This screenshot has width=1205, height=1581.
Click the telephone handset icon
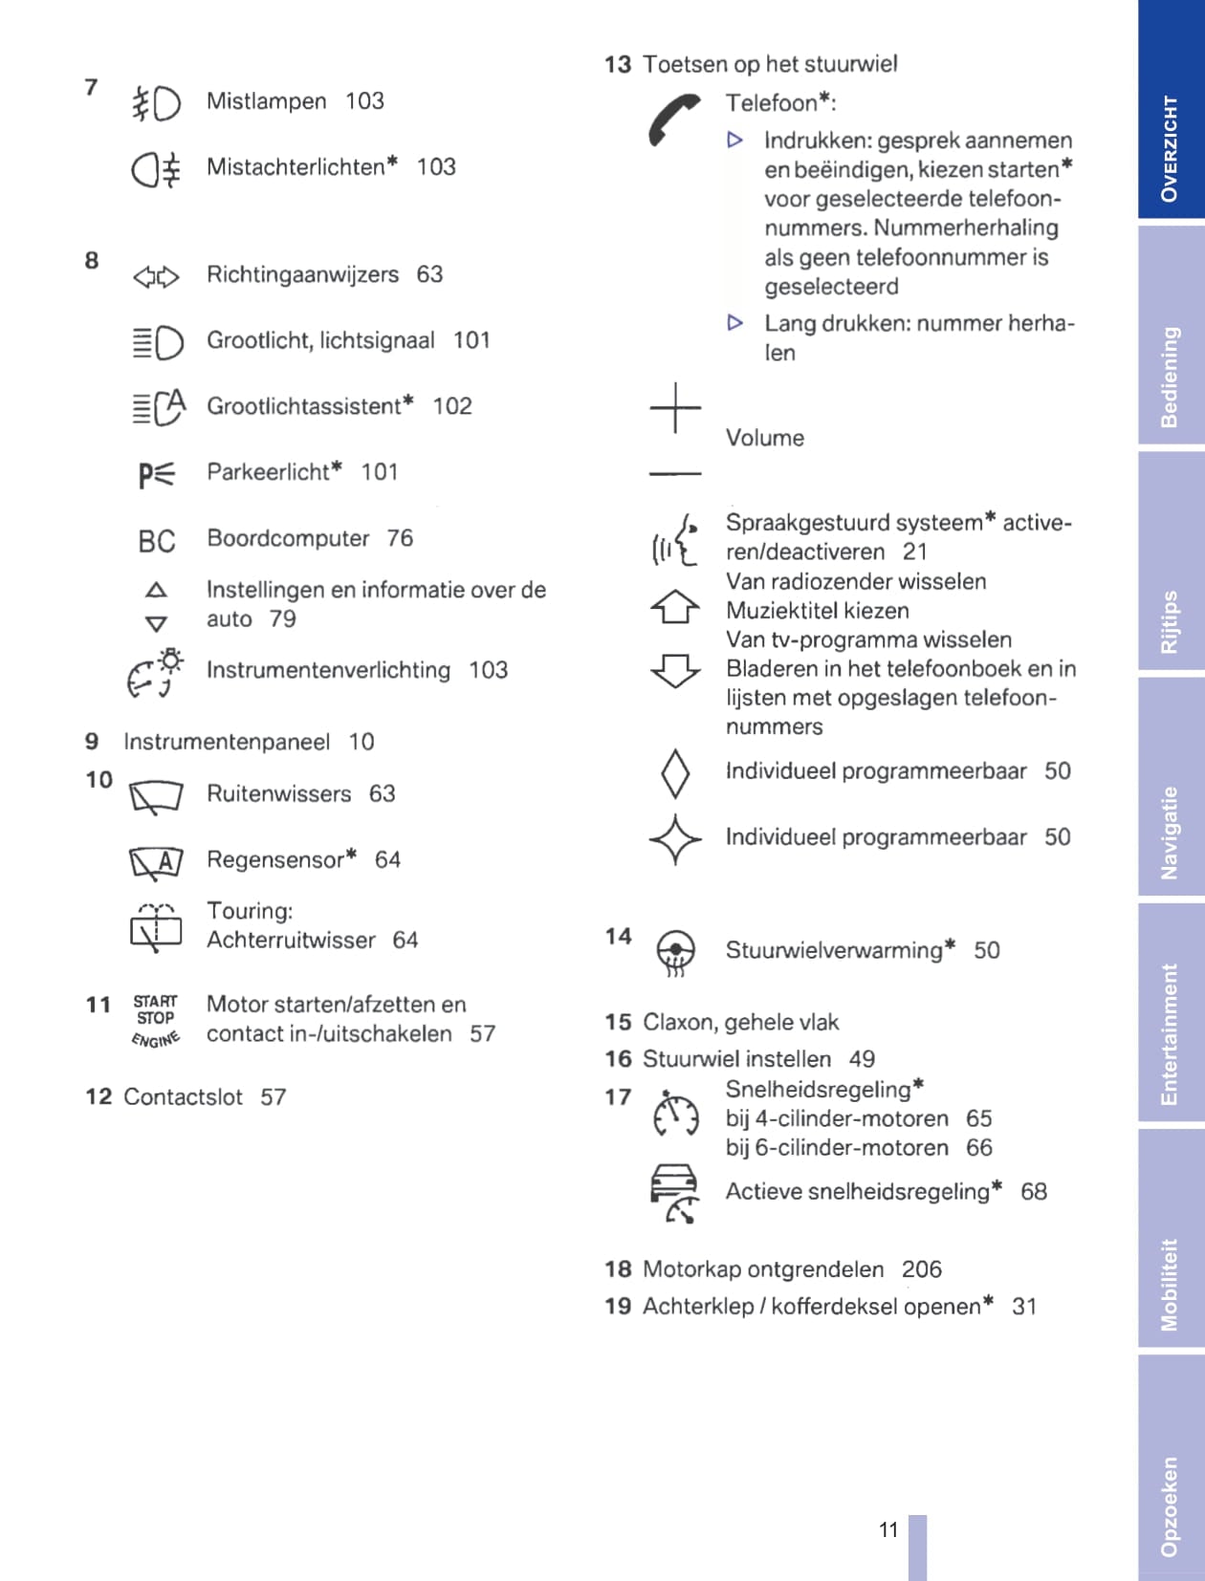[673, 119]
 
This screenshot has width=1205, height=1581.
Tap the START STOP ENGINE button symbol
[155, 1020]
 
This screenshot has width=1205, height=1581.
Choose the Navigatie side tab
[1171, 833]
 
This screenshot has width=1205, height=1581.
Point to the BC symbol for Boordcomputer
[157, 542]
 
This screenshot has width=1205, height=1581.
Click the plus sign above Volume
[675, 408]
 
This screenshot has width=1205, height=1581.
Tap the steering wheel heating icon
[675, 952]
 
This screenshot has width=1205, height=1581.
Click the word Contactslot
[183, 1096]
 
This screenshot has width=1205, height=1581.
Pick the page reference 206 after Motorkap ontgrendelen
[921, 1268]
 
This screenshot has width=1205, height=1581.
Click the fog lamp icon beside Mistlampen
[156, 103]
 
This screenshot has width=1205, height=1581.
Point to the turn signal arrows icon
[156, 277]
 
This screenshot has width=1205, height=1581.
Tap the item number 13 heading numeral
[618, 64]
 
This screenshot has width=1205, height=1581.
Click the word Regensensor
[275, 859]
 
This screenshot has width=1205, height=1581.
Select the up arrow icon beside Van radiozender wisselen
[675, 606]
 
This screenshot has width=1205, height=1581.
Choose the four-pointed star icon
[675, 839]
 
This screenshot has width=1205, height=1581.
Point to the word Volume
[764, 438]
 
